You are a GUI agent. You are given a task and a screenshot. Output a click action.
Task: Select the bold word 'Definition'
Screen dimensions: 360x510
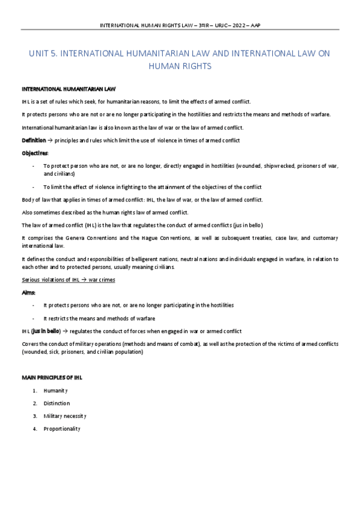click(x=34, y=140)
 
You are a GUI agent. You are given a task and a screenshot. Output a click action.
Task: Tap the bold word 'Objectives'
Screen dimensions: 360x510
click(x=35, y=153)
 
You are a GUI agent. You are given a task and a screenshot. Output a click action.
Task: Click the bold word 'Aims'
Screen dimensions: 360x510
click(x=28, y=292)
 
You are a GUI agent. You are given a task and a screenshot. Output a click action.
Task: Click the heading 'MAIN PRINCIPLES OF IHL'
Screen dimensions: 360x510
click(x=52, y=377)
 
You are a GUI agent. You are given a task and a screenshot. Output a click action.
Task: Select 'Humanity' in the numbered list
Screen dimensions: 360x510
click(x=56, y=391)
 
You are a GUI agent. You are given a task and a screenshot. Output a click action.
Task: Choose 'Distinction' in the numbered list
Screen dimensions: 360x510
click(x=56, y=403)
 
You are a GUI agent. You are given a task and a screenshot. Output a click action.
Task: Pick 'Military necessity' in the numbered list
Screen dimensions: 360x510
click(x=66, y=416)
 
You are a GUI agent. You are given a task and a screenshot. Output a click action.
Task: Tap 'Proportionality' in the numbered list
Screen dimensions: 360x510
click(x=62, y=428)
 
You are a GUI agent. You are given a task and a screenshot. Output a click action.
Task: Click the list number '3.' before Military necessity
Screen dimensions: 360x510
click(x=35, y=416)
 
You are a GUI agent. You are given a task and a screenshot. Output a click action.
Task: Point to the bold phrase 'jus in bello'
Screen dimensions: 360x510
click(x=42, y=331)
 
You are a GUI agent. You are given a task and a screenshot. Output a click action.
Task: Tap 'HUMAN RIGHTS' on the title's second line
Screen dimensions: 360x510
click(x=180, y=66)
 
